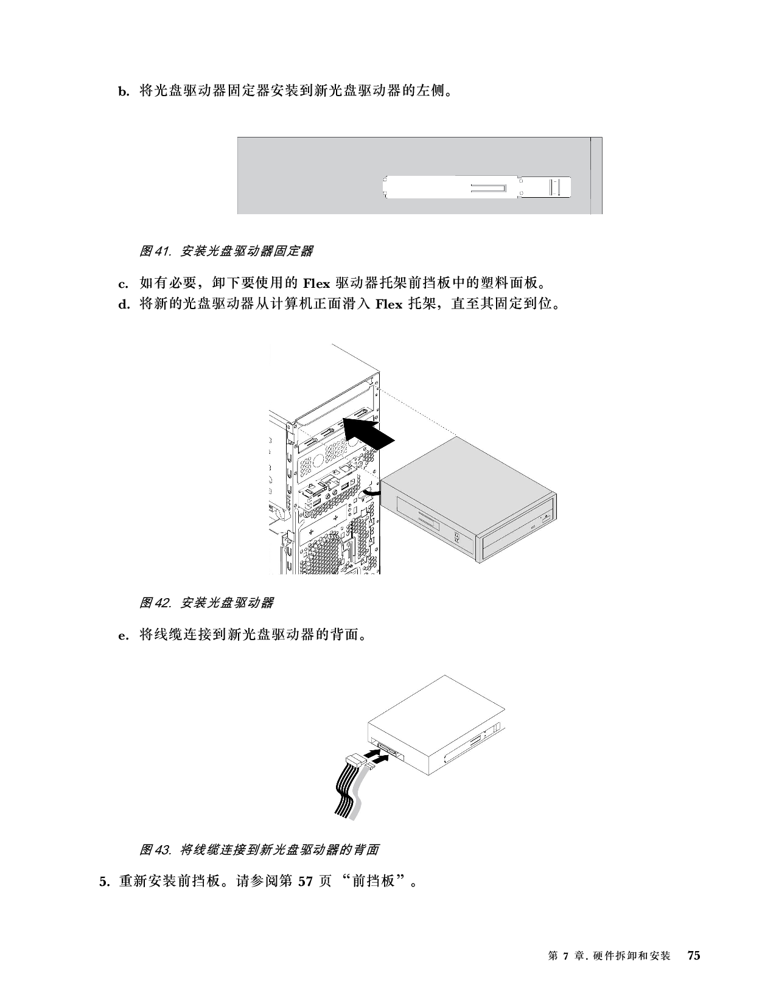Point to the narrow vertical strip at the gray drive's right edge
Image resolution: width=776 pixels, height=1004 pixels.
coord(596,176)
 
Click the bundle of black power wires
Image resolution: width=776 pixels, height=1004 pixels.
coord(344,794)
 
